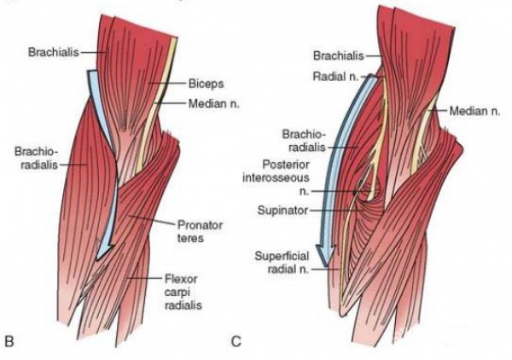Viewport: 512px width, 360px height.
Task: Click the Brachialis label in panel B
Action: point(54,52)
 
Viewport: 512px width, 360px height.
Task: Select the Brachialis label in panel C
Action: point(338,56)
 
